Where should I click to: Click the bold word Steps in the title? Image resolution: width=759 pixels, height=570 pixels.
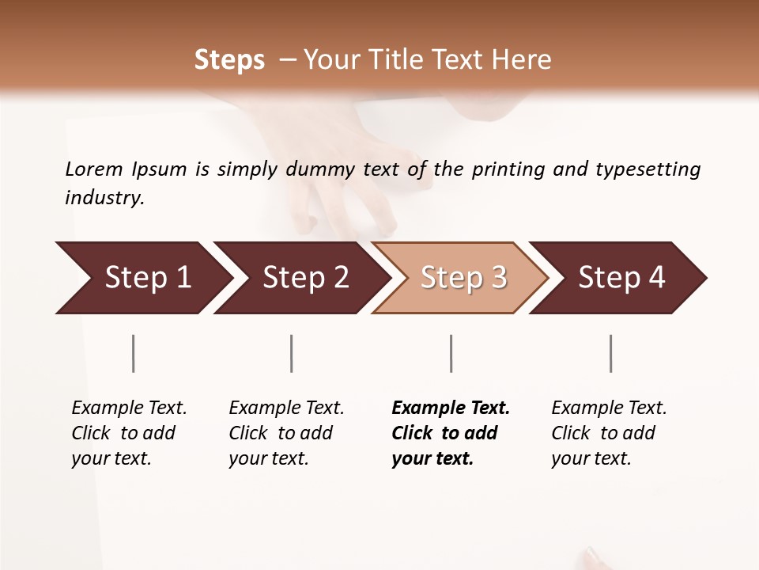(x=229, y=60)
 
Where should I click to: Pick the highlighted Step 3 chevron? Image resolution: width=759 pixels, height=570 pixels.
(x=463, y=278)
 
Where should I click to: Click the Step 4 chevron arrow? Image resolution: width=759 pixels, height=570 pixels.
(x=621, y=278)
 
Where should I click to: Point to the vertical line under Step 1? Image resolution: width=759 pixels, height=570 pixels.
(x=134, y=353)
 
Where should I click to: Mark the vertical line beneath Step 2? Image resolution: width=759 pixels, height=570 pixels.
(x=292, y=353)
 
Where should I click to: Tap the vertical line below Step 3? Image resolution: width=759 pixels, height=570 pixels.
(x=451, y=353)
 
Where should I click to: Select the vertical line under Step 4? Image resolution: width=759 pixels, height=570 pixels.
(x=610, y=353)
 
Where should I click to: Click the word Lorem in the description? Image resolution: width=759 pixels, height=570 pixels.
(x=93, y=169)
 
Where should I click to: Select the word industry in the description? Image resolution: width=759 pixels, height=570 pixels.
(x=104, y=197)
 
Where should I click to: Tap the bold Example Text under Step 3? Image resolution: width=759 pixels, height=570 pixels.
(x=451, y=408)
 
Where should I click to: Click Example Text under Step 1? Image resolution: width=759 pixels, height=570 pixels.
(x=129, y=408)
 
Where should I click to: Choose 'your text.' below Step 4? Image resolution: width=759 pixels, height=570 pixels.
(x=591, y=458)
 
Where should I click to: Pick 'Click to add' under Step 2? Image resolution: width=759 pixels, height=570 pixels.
(x=281, y=433)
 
